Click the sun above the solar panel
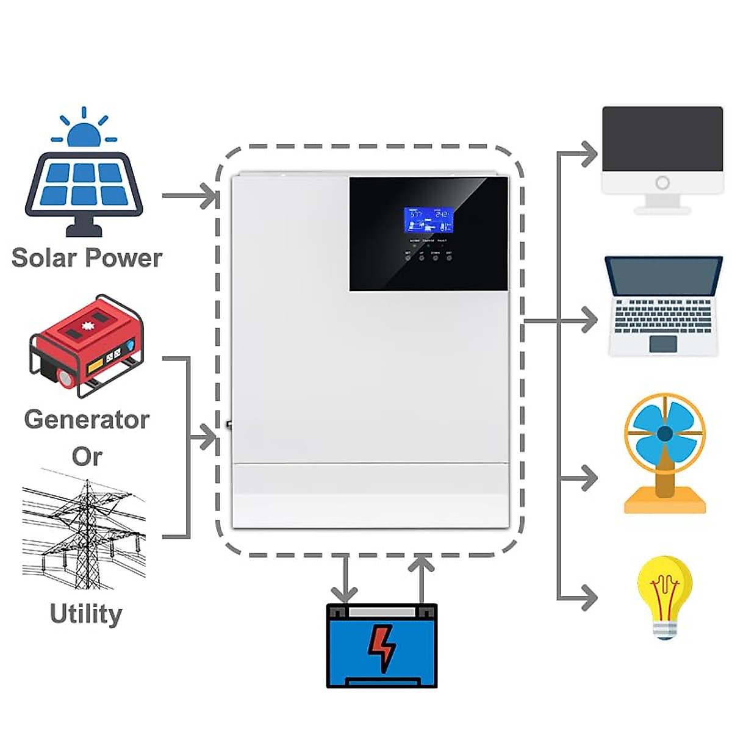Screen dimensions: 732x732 pos(84,135)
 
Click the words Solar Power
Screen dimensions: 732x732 pos(87,257)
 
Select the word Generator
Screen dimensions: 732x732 pos(87,420)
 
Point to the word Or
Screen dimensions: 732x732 pos(87,456)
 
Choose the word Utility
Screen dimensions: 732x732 pos(86,614)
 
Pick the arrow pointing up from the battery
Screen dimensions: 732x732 pos(421,567)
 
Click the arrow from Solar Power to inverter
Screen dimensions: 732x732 pos(207,196)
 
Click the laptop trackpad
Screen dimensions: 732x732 pos(663,343)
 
